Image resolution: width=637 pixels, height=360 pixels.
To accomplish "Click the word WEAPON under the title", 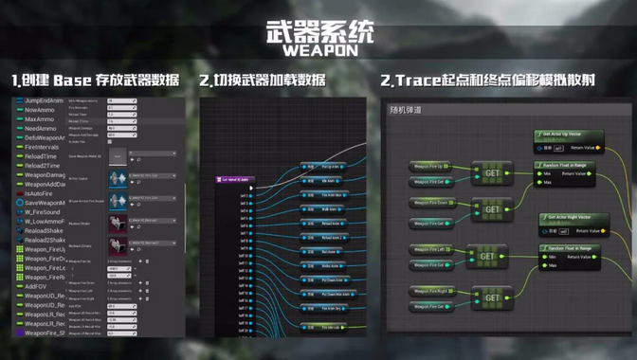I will [x=318, y=49].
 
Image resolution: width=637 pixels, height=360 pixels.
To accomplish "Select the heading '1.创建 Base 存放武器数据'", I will [x=96, y=81].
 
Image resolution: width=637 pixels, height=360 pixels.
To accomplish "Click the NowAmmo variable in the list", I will [x=39, y=110].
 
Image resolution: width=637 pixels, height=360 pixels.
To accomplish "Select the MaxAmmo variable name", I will [x=39, y=119].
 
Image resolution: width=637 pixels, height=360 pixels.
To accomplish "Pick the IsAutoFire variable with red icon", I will [x=39, y=192].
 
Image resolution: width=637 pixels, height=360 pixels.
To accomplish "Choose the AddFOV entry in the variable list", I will [x=35, y=285].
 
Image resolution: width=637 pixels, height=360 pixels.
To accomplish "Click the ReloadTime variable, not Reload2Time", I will [x=42, y=156].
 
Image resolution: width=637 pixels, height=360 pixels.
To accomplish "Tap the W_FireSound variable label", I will [x=42, y=211].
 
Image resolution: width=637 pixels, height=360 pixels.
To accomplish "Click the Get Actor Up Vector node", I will [x=566, y=135].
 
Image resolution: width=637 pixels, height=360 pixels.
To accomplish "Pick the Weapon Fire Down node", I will [x=431, y=201].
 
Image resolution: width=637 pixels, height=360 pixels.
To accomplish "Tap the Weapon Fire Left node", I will [x=430, y=248].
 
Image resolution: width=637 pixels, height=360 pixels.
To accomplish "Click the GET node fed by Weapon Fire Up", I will [x=492, y=173].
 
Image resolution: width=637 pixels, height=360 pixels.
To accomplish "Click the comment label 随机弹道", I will [x=406, y=110].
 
